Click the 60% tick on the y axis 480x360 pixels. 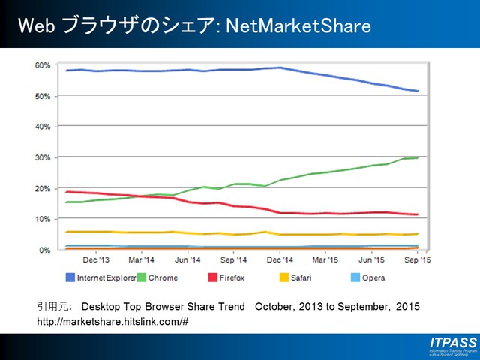pyautogui.click(x=43, y=65)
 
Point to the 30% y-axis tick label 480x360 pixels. pyautogui.click(x=43, y=157)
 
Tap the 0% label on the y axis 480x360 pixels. pyautogui.click(x=45, y=250)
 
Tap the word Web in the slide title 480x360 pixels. pyautogui.click(x=34, y=27)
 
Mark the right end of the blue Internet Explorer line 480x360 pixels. pyautogui.click(x=418, y=91)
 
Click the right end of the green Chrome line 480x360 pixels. pyautogui.click(x=418, y=157)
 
